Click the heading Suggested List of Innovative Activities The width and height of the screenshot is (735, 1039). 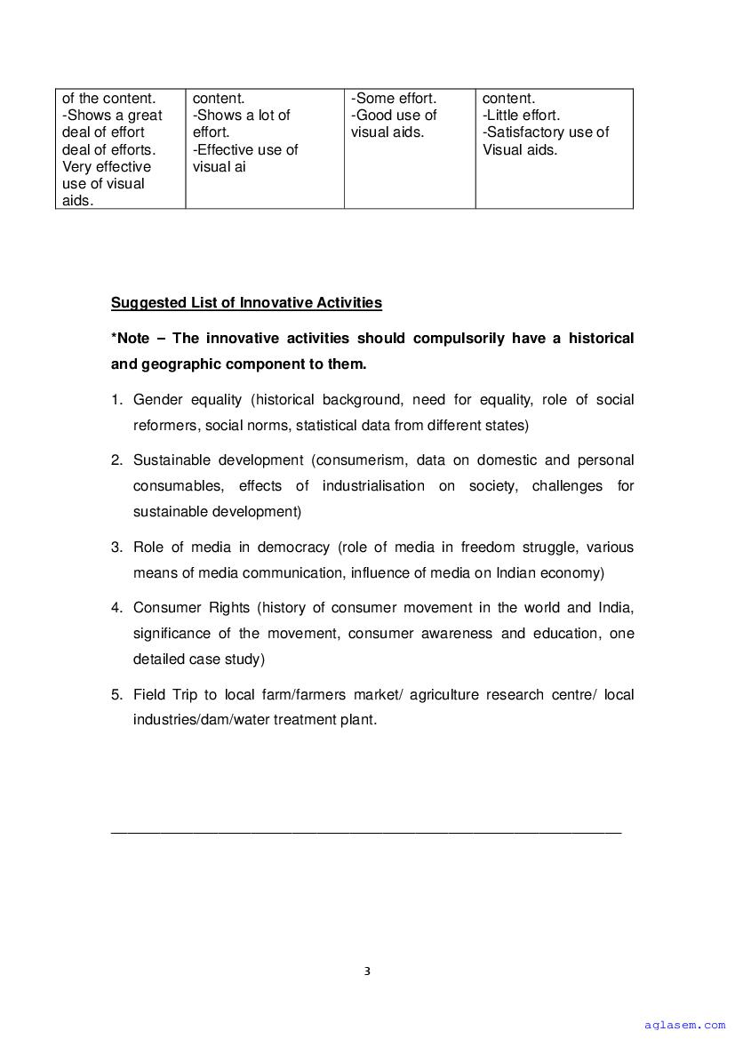click(x=246, y=303)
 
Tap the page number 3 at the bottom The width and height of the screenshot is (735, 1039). click(x=367, y=971)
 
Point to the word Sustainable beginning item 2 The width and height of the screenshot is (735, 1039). click(x=173, y=460)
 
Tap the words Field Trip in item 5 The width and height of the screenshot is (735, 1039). click(x=162, y=694)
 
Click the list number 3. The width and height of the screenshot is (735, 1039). click(x=116, y=547)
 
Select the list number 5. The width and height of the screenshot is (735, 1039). click(x=116, y=694)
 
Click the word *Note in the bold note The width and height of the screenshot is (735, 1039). click(x=130, y=338)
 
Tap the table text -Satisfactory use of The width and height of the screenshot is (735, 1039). click(x=546, y=132)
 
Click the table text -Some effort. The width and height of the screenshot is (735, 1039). click(x=394, y=98)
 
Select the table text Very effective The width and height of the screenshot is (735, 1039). click(x=107, y=167)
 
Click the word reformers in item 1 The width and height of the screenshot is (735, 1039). click(x=165, y=426)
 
